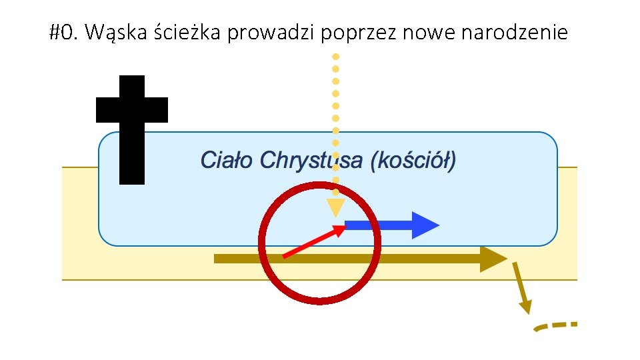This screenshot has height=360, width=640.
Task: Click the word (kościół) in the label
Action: pyautogui.click(x=413, y=161)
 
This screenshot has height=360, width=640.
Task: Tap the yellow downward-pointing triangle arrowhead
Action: pyautogui.click(x=335, y=207)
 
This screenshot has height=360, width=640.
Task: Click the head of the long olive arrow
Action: pyautogui.click(x=493, y=259)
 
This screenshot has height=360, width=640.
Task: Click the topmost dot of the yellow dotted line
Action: pyautogui.click(x=336, y=56)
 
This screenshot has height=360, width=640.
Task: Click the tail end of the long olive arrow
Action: pyautogui.click(x=217, y=259)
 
